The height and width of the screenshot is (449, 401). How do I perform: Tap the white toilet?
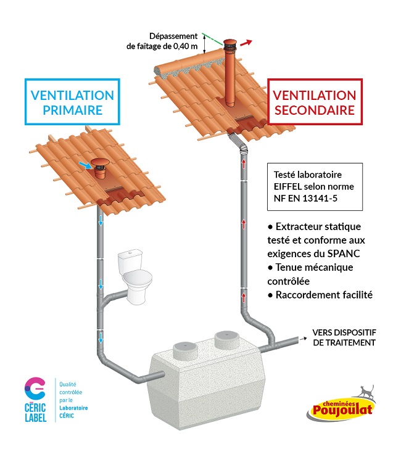pos(135,276)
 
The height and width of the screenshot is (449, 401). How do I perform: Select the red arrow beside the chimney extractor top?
pos(246,43)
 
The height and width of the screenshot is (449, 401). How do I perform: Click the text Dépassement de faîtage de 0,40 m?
pos(162,41)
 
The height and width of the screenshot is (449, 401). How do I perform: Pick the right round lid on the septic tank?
pos(227,340)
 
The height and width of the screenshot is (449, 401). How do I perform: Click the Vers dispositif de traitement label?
pos(344,337)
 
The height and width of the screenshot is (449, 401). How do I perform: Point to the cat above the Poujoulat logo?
pos(367,391)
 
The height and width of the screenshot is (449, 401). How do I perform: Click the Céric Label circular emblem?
pos(35,389)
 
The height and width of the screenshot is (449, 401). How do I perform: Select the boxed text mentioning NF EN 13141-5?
pos(315,187)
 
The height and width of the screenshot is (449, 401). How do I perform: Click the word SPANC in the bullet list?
pos(344,253)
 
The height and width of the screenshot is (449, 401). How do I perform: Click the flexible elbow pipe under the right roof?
pos(238,142)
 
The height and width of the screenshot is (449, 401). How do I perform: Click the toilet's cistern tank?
pos(130,259)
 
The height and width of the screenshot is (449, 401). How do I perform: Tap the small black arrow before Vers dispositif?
pos(303,339)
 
